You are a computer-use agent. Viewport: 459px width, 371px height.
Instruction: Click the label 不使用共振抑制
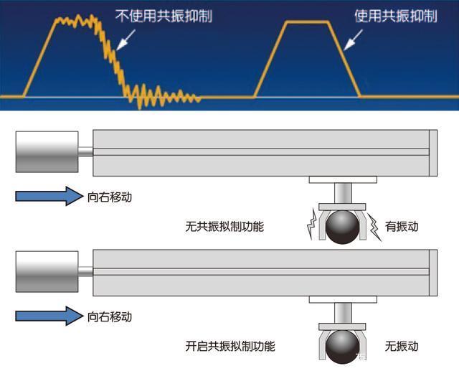coord(164,16)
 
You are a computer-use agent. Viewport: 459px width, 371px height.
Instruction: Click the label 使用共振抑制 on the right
coord(396,16)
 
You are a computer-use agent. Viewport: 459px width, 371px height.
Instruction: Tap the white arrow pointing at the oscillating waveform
coord(126,39)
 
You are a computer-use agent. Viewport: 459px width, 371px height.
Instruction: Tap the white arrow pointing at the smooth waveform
coord(353,39)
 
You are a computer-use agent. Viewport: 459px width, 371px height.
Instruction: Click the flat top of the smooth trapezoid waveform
coord(308,22)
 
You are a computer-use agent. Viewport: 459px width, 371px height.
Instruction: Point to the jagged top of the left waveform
coord(77,21)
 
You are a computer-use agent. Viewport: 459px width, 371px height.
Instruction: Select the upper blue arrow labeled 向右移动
coord(49,196)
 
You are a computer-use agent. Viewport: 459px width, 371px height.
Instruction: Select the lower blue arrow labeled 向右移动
coord(49,316)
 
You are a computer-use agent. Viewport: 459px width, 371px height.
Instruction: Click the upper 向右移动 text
coord(110,197)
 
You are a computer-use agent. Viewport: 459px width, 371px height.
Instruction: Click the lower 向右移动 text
coord(110,317)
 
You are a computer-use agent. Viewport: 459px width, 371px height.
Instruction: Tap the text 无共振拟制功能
coord(224,227)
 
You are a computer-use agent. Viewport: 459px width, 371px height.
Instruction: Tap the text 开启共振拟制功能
coord(230,346)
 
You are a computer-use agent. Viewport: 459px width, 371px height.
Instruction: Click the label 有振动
coord(402,226)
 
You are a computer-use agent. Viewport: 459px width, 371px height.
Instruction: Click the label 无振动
coord(402,347)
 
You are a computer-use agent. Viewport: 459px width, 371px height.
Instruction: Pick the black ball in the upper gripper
coord(342,227)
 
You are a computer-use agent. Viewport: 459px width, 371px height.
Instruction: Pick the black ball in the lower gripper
coord(342,347)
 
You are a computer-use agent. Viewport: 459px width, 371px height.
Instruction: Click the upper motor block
coord(47,151)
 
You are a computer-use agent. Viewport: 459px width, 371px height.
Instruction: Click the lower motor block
coord(47,271)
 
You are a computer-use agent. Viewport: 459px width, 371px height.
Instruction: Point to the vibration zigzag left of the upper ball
coord(311,224)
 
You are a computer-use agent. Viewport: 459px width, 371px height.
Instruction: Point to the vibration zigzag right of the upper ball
coord(375,227)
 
